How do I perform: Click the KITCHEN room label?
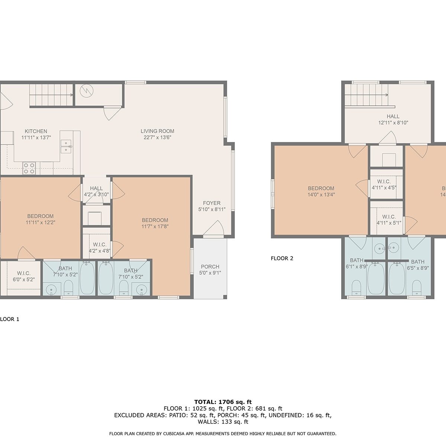(36, 131)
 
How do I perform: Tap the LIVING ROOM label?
(157, 131)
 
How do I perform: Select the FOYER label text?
(211, 203)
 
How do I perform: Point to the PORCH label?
(210, 266)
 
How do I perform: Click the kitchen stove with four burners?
(29, 168)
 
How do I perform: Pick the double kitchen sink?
(66, 146)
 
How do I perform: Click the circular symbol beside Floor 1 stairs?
(87, 91)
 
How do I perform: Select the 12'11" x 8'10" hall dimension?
(393, 123)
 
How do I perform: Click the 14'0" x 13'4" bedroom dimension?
(321, 195)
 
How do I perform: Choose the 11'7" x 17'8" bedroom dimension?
(155, 226)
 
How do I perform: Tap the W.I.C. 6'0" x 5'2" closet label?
(24, 277)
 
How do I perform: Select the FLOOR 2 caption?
(282, 258)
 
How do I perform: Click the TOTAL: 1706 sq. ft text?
(223, 402)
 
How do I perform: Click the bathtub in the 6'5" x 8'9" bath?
(397, 279)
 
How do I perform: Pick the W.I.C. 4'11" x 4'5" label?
(384, 184)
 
